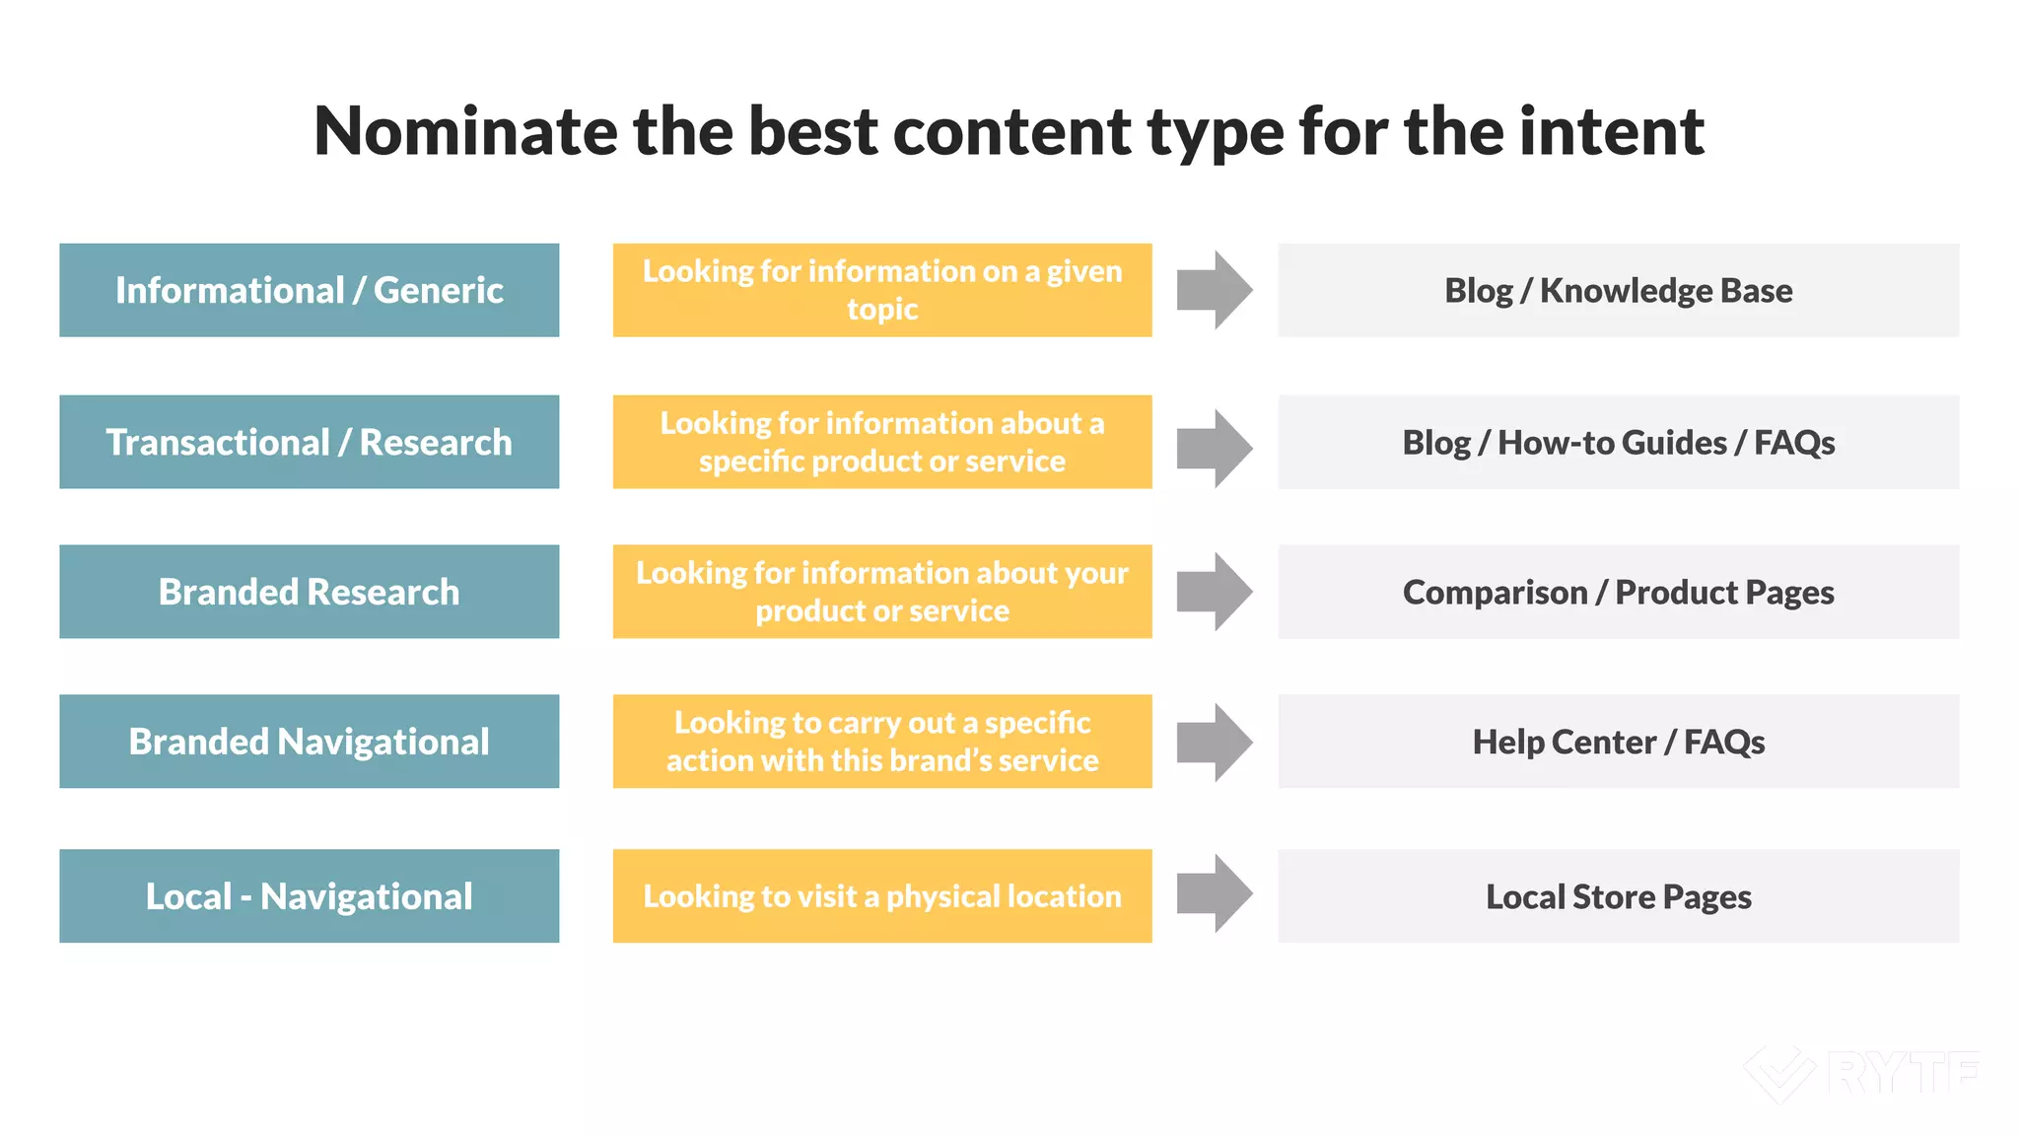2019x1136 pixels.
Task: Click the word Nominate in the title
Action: click(x=463, y=131)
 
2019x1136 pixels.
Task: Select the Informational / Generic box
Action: click(x=309, y=290)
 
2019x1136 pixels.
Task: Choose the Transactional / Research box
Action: click(x=309, y=442)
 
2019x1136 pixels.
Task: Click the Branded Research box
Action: click(x=309, y=592)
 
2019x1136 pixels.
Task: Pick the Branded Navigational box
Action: click(x=309, y=742)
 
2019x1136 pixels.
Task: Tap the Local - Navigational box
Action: click(x=309, y=895)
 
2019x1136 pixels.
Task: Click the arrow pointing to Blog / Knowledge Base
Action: click(x=1215, y=290)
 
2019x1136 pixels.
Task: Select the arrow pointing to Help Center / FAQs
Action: click(x=1215, y=743)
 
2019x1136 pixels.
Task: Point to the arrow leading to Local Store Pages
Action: click(x=1215, y=893)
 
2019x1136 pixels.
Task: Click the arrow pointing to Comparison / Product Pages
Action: click(x=1215, y=592)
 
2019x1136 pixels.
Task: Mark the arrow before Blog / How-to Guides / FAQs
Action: click(x=1215, y=449)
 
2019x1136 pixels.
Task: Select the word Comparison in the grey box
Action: click(x=1495, y=593)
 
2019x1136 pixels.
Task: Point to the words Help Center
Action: click(x=1564, y=743)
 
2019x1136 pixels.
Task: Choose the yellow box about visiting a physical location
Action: click(x=882, y=895)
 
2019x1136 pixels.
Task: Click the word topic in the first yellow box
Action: click(x=882, y=310)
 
